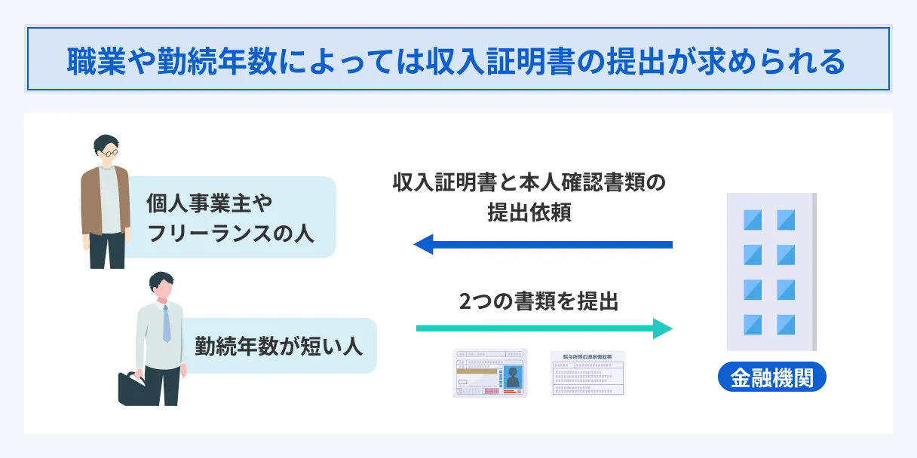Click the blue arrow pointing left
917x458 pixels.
[543, 244]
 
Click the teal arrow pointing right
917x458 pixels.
[543, 328]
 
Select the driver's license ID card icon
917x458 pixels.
[490, 374]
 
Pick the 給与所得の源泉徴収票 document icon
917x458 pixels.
[588, 374]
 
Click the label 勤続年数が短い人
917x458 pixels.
[279, 346]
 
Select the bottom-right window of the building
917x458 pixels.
[786, 325]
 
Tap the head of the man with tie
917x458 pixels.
[161, 284]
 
